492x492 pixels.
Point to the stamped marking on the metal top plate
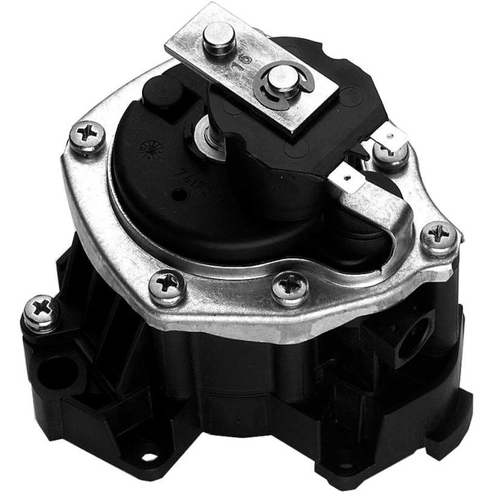(247, 62)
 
